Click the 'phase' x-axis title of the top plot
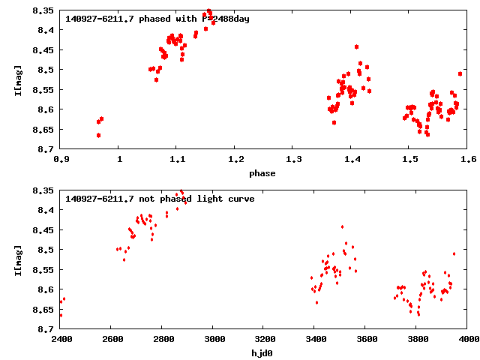click(262, 173)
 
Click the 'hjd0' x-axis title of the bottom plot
click(262, 353)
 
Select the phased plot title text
click(157, 19)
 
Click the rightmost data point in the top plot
click(460, 73)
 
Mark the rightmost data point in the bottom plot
click(454, 253)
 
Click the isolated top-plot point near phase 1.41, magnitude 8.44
click(356, 46)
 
